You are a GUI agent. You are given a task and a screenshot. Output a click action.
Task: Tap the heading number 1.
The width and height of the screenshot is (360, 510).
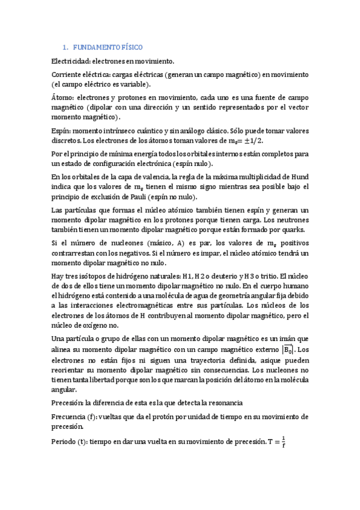coord(65,47)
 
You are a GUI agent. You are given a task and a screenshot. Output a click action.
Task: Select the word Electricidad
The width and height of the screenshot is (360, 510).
coord(72,61)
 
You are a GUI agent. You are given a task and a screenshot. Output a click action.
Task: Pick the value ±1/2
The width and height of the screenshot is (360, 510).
coord(254,140)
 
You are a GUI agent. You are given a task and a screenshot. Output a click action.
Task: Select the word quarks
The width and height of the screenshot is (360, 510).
coord(293,229)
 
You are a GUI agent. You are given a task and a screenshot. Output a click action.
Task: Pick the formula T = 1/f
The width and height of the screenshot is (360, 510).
coord(275,443)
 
